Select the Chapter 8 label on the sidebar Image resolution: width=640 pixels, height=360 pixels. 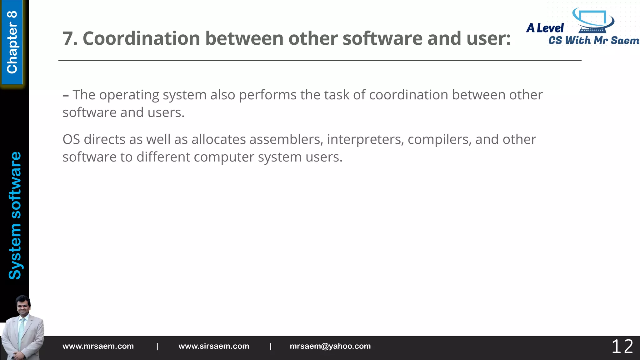tap(12, 42)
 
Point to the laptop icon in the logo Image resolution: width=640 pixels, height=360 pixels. tap(592, 21)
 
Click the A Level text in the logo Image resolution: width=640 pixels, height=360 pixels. tap(545, 28)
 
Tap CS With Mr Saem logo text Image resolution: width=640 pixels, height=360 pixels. tap(593, 40)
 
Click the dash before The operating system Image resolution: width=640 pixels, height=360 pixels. tap(66, 95)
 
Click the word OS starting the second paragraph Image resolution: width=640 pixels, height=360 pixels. tap(71, 140)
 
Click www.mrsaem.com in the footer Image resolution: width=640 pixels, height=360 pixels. tap(98, 346)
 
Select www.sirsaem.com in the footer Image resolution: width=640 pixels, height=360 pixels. tap(214, 346)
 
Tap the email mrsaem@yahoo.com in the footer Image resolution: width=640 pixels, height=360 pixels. tap(330, 346)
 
